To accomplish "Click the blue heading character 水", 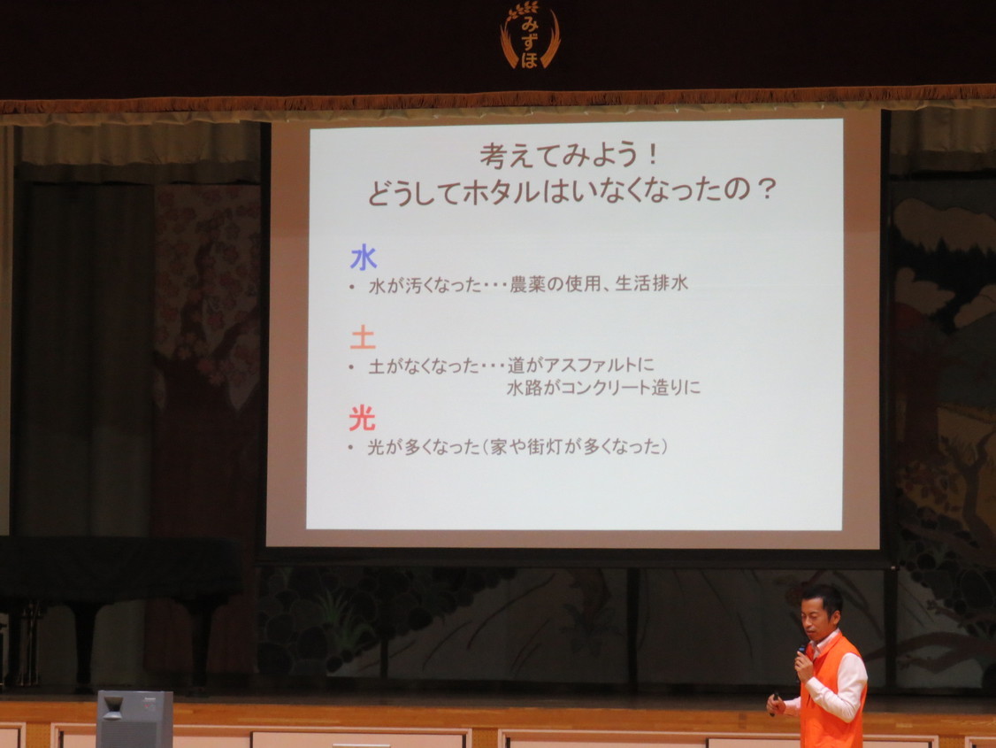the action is (x=364, y=258).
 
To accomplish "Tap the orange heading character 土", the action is (x=363, y=337).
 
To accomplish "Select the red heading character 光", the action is (x=362, y=418).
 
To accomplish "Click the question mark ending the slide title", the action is (x=766, y=189).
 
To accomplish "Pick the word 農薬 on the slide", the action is (x=527, y=283).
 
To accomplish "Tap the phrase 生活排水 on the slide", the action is (x=651, y=282).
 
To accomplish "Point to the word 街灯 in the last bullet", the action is (x=544, y=447).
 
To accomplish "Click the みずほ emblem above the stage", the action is (x=530, y=36).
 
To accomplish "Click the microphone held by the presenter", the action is (x=801, y=652).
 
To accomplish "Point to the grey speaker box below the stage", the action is (x=134, y=719).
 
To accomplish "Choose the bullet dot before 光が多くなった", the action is (x=350, y=448).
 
